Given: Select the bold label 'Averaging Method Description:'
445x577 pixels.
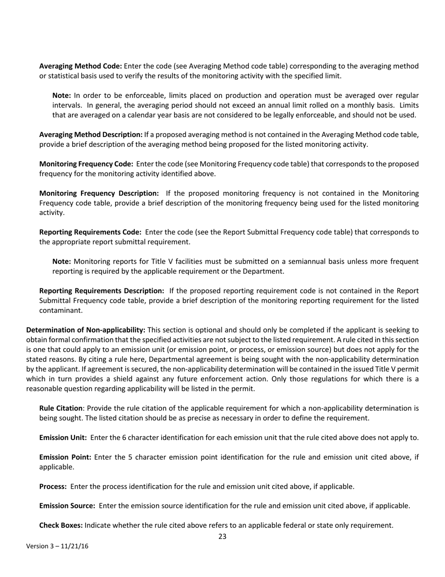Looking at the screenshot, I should [x=91, y=135].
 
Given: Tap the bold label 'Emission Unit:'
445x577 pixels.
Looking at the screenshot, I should [x=63, y=438].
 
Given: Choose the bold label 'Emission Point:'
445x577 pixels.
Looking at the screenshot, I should [x=65, y=457].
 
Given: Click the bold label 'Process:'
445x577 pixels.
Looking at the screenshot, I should [x=52, y=486].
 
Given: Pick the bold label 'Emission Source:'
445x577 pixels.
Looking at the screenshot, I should [x=67, y=506].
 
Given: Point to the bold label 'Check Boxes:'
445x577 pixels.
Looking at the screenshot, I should [x=61, y=525].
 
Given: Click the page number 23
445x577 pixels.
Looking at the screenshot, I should [x=222, y=537].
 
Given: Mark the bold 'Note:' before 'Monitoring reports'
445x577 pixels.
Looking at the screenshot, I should [x=62, y=261].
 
